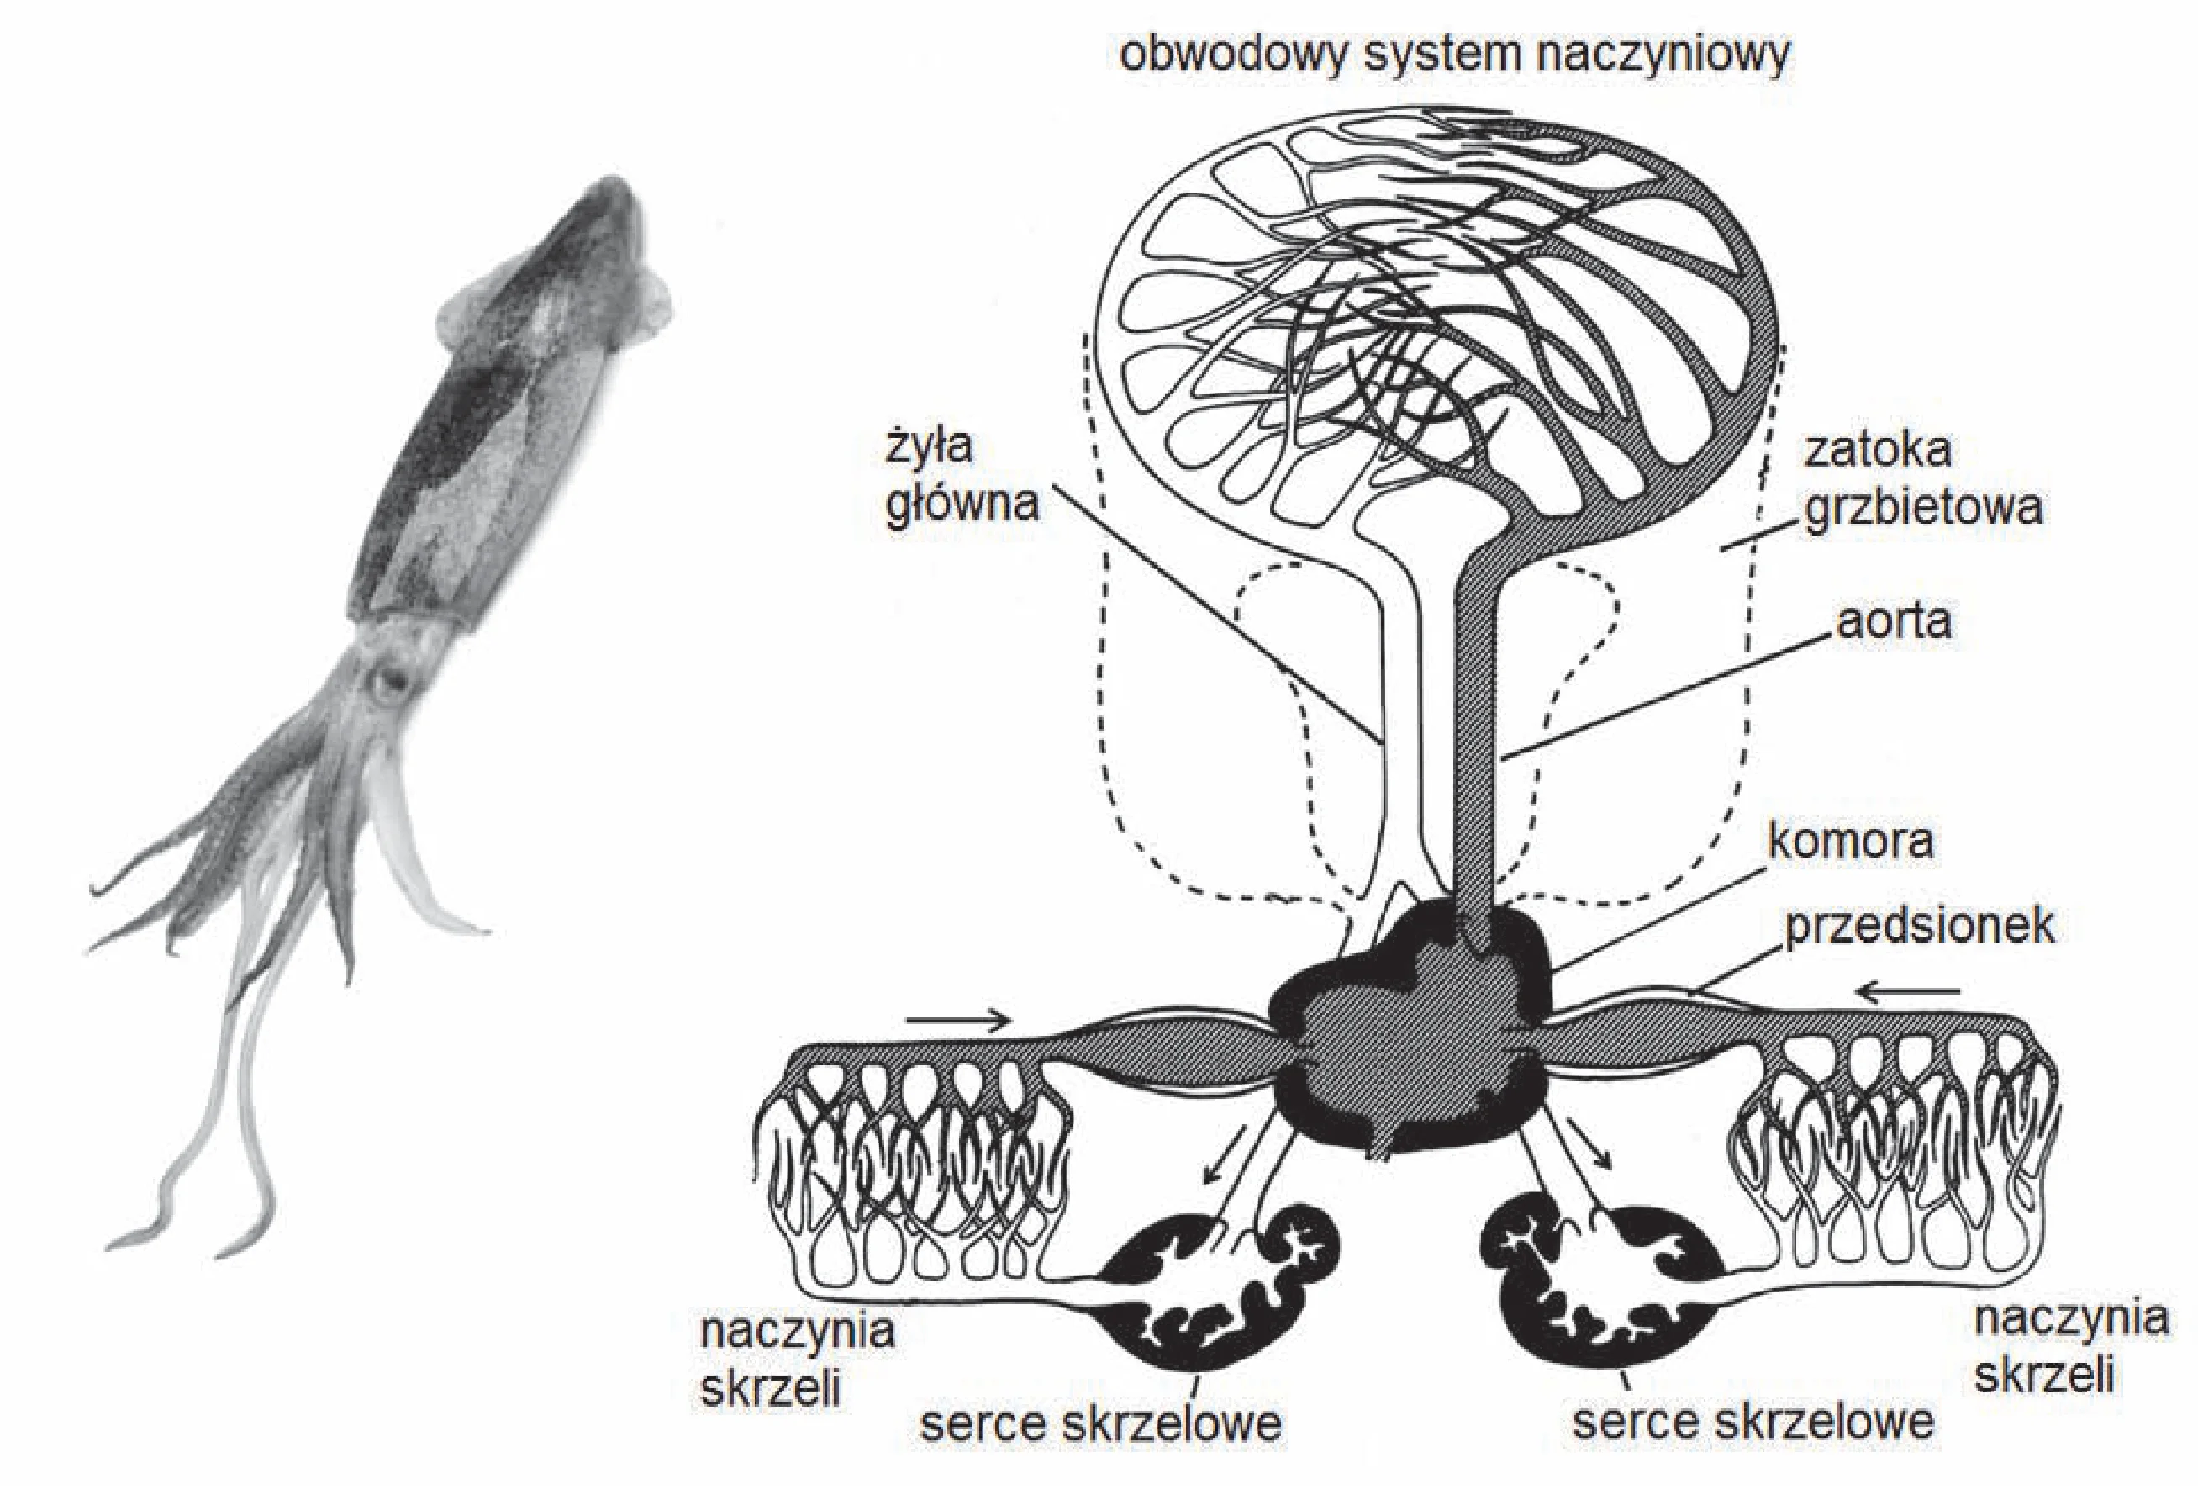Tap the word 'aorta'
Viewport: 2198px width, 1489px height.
1894,620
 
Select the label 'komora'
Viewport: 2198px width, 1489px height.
1850,841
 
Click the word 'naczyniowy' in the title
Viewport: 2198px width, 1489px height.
1663,55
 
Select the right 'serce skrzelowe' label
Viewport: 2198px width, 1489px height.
1753,1421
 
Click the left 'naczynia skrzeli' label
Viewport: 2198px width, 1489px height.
796,1360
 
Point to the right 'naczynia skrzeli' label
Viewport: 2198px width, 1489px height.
2071,1346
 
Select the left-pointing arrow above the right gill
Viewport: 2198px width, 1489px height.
1906,992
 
